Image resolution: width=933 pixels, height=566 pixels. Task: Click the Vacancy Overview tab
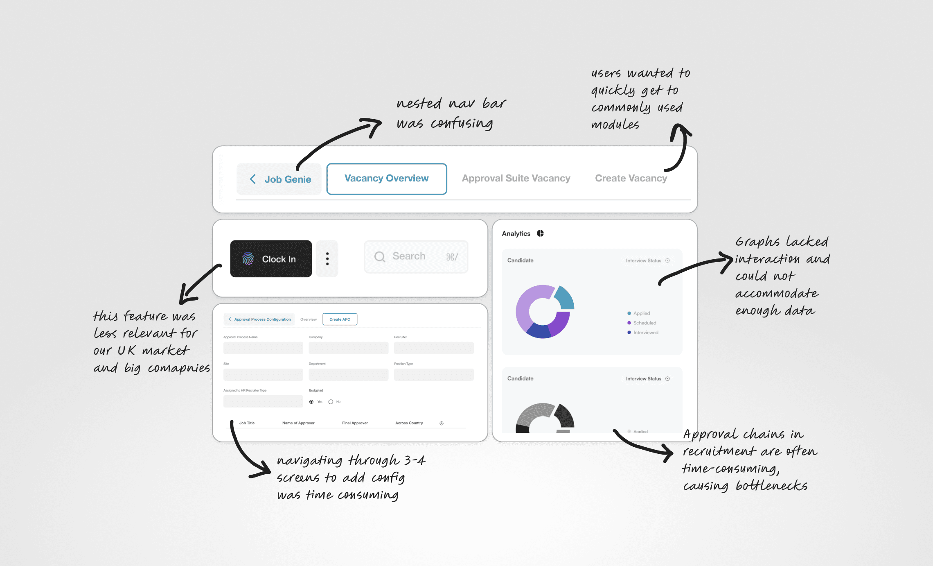click(x=386, y=179)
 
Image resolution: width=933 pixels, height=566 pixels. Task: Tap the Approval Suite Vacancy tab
click(x=516, y=179)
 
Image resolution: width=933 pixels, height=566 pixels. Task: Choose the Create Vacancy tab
click(x=631, y=179)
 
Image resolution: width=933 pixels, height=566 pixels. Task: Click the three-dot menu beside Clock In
click(x=327, y=259)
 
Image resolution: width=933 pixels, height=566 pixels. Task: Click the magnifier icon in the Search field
click(x=380, y=257)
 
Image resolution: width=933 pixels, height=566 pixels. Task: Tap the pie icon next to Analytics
click(x=540, y=233)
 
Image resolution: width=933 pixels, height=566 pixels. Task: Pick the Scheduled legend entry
click(x=644, y=323)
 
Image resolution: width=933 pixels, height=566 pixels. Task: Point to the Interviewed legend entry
click(x=645, y=333)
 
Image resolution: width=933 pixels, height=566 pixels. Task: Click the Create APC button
click(x=340, y=319)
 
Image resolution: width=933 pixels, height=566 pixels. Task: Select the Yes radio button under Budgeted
click(x=311, y=402)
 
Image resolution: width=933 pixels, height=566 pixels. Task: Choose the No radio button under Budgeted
click(x=331, y=402)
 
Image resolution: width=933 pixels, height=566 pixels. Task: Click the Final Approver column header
click(x=355, y=423)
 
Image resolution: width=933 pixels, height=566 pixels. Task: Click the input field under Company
click(x=348, y=348)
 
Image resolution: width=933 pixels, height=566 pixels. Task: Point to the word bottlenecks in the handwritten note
click(x=771, y=486)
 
